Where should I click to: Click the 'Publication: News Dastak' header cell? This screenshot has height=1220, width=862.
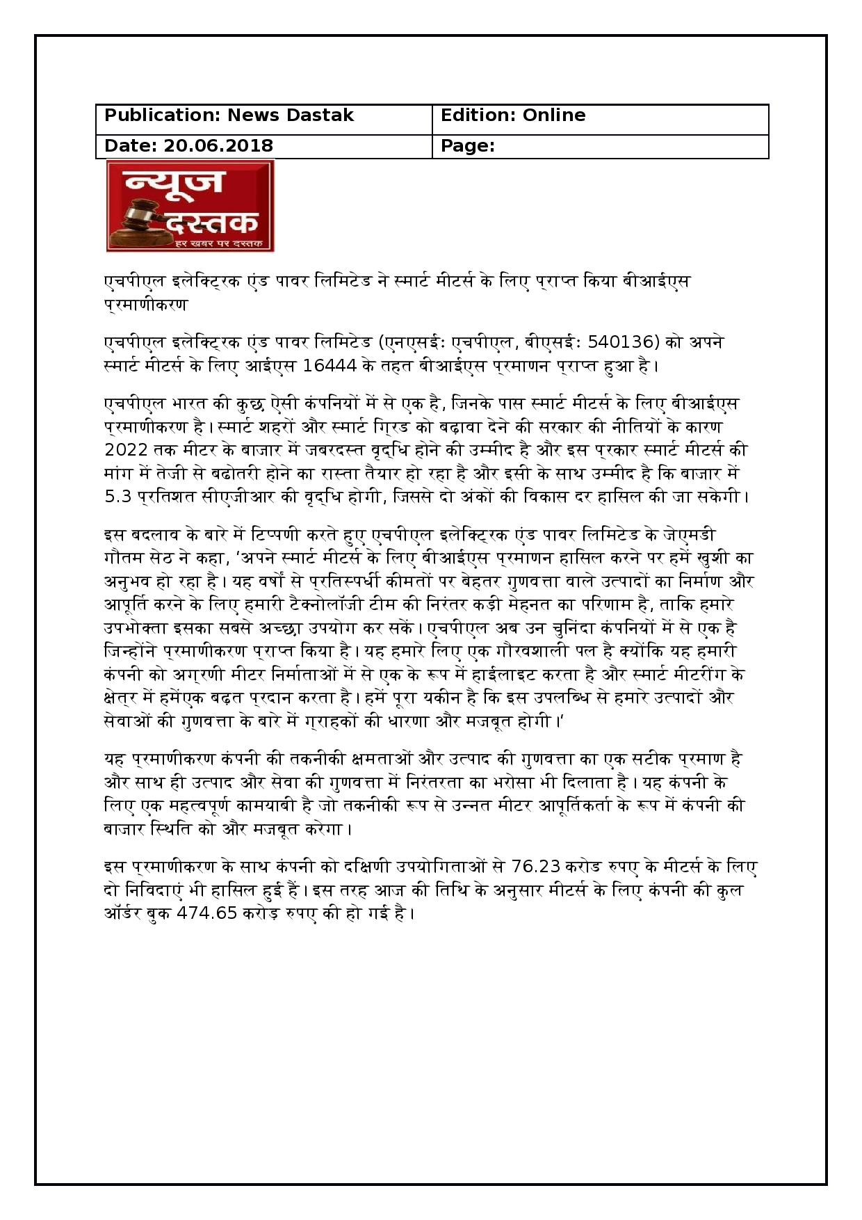point(229,115)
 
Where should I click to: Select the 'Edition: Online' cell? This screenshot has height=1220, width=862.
point(513,115)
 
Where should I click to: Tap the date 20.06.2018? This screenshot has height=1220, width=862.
point(218,146)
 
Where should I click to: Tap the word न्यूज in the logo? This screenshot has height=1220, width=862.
point(174,182)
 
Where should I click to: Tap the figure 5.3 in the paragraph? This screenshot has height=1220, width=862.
point(116,497)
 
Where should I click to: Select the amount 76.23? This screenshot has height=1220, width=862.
point(535,867)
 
